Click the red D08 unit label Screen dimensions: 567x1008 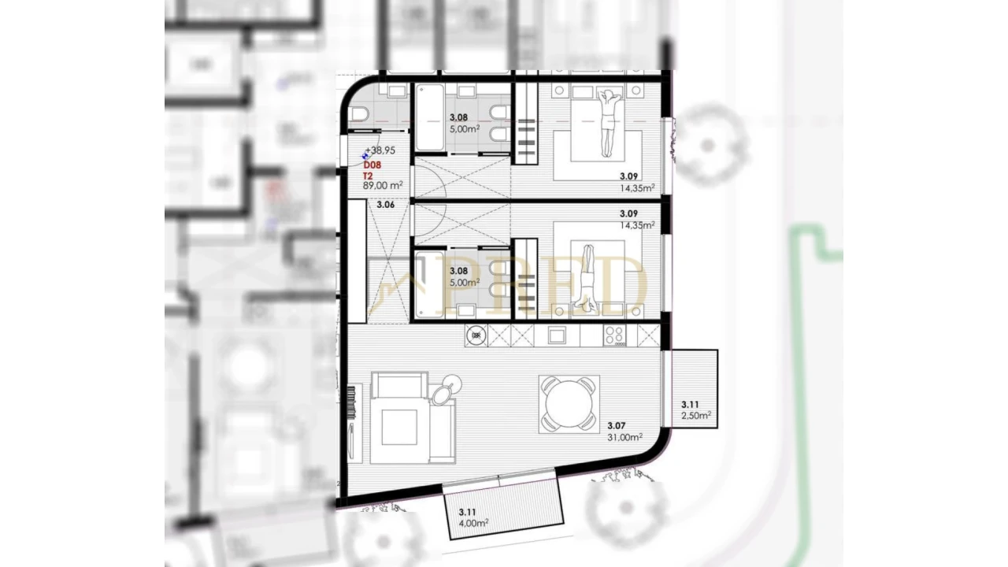coord(372,165)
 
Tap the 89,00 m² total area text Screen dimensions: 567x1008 coord(383,186)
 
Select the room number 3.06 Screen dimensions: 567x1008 coord(385,205)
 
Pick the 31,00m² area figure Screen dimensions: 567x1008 coord(625,438)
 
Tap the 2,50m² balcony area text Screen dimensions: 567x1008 coord(696,415)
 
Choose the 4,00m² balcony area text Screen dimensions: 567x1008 coord(473,522)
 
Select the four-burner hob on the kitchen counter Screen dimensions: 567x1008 coord(614,335)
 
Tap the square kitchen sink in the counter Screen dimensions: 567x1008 coord(557,335)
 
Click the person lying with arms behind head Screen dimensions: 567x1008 coord(607,122)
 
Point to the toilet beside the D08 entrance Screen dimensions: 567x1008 coord(359,116)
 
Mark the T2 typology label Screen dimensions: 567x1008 coord(368,176)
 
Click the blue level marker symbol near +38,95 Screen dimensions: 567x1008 coord(365,155)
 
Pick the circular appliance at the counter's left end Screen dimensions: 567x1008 coord(476,336)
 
